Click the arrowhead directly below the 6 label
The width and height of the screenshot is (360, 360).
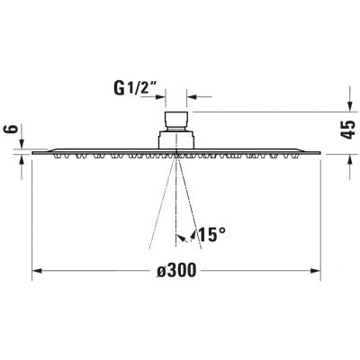[19, 159]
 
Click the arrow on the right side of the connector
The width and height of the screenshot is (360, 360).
[192, 93]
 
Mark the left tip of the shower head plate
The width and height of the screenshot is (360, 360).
[32, 153]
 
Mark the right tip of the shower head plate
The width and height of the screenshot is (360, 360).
[321, 153]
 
